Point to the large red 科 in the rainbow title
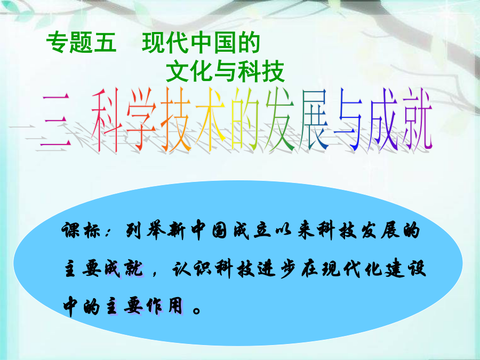[x=105, y=121]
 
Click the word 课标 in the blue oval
[x=82, y=230]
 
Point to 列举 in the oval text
[x=145, y=230]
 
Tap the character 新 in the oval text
[x=177, y=230]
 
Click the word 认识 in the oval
[x=191, y=268]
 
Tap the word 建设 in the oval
[x=406, y=268]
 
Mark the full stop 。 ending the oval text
[x=197, y=310]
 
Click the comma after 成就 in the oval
[x=154, y=273]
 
